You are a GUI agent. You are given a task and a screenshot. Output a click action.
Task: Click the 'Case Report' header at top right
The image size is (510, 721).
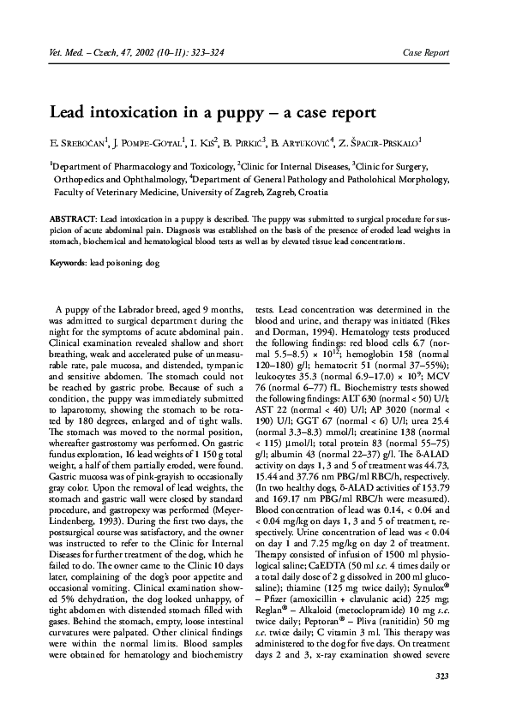(x=426, y=53)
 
